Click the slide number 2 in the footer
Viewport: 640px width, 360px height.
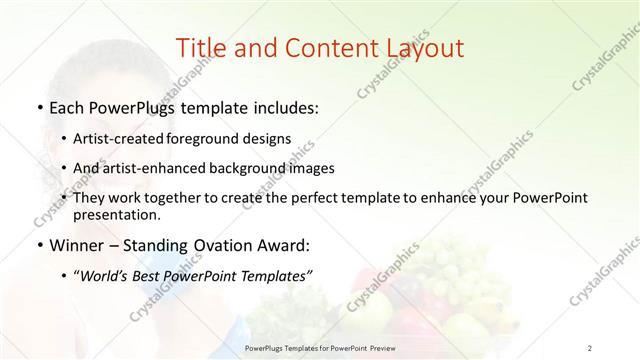click(590, 348)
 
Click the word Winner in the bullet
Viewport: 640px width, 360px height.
click(78, 244)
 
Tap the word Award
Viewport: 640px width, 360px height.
click(285, 244)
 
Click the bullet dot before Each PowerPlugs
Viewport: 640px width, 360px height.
click(38, 107)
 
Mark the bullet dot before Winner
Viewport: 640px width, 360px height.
click(38, 244)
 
